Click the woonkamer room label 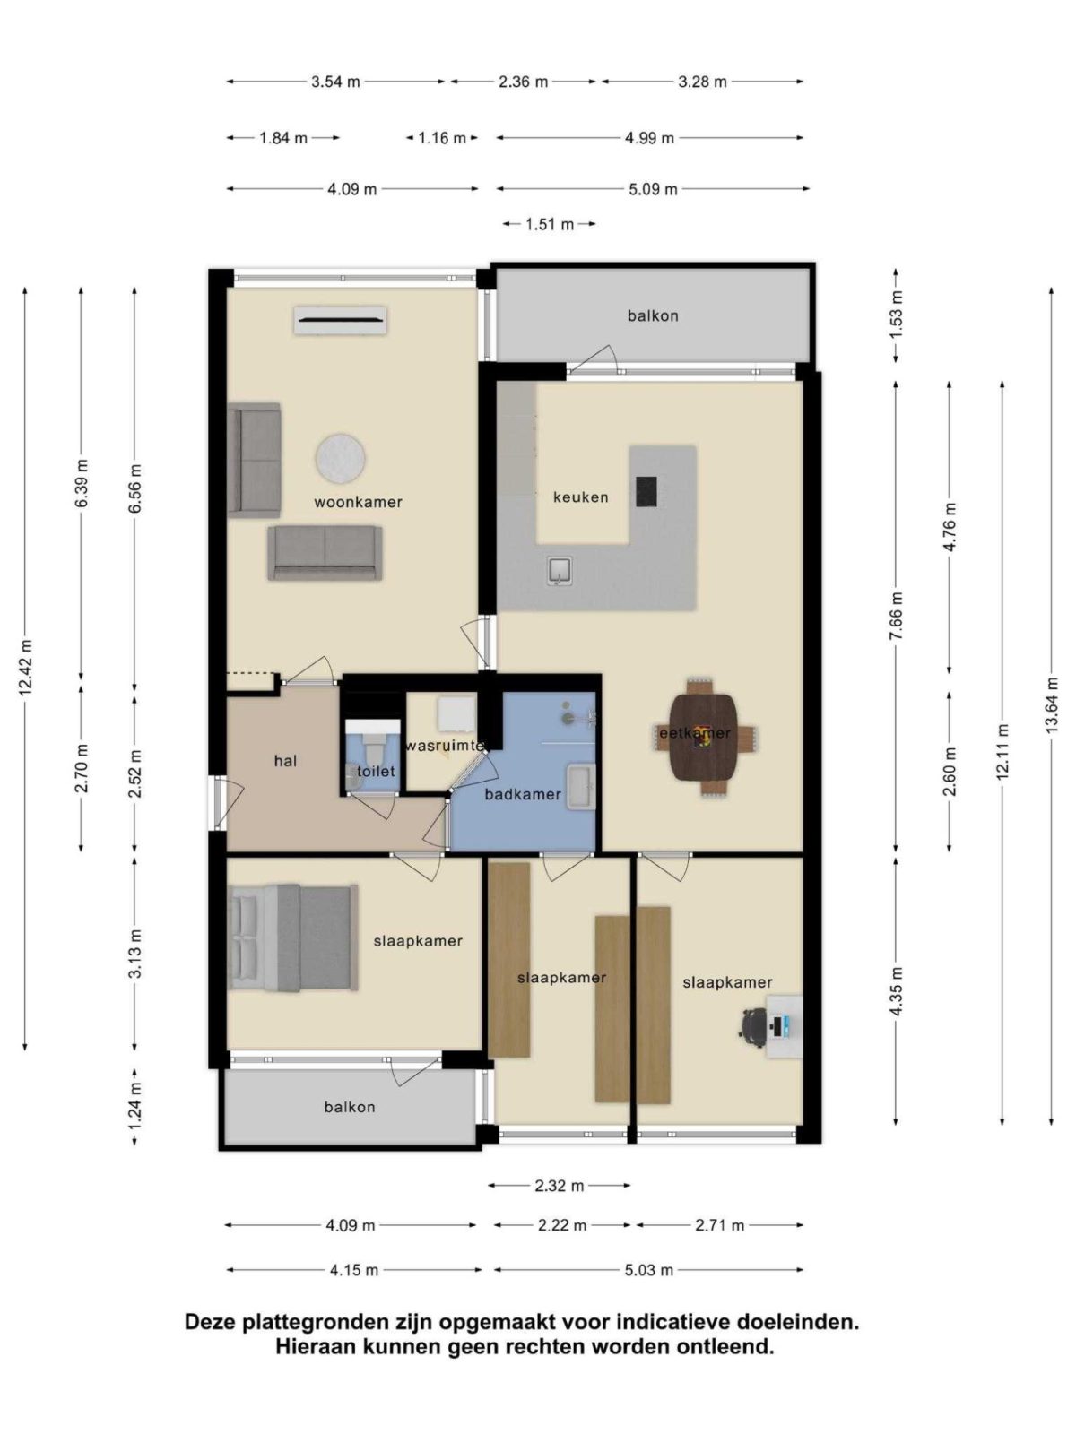pos(358,502)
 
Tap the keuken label pos(580,497)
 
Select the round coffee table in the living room pos(341,457)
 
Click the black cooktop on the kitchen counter pos(646,491)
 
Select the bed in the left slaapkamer pos(292,937)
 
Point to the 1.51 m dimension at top pos(549,224)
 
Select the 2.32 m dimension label pos(559,1186)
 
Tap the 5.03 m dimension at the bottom pos(648,1270)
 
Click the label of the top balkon pos(652,315)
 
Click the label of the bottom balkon pos(349,1107)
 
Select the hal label pos(285,761)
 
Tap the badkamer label pos(522,794)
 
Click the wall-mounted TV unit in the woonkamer pos(341,319)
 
